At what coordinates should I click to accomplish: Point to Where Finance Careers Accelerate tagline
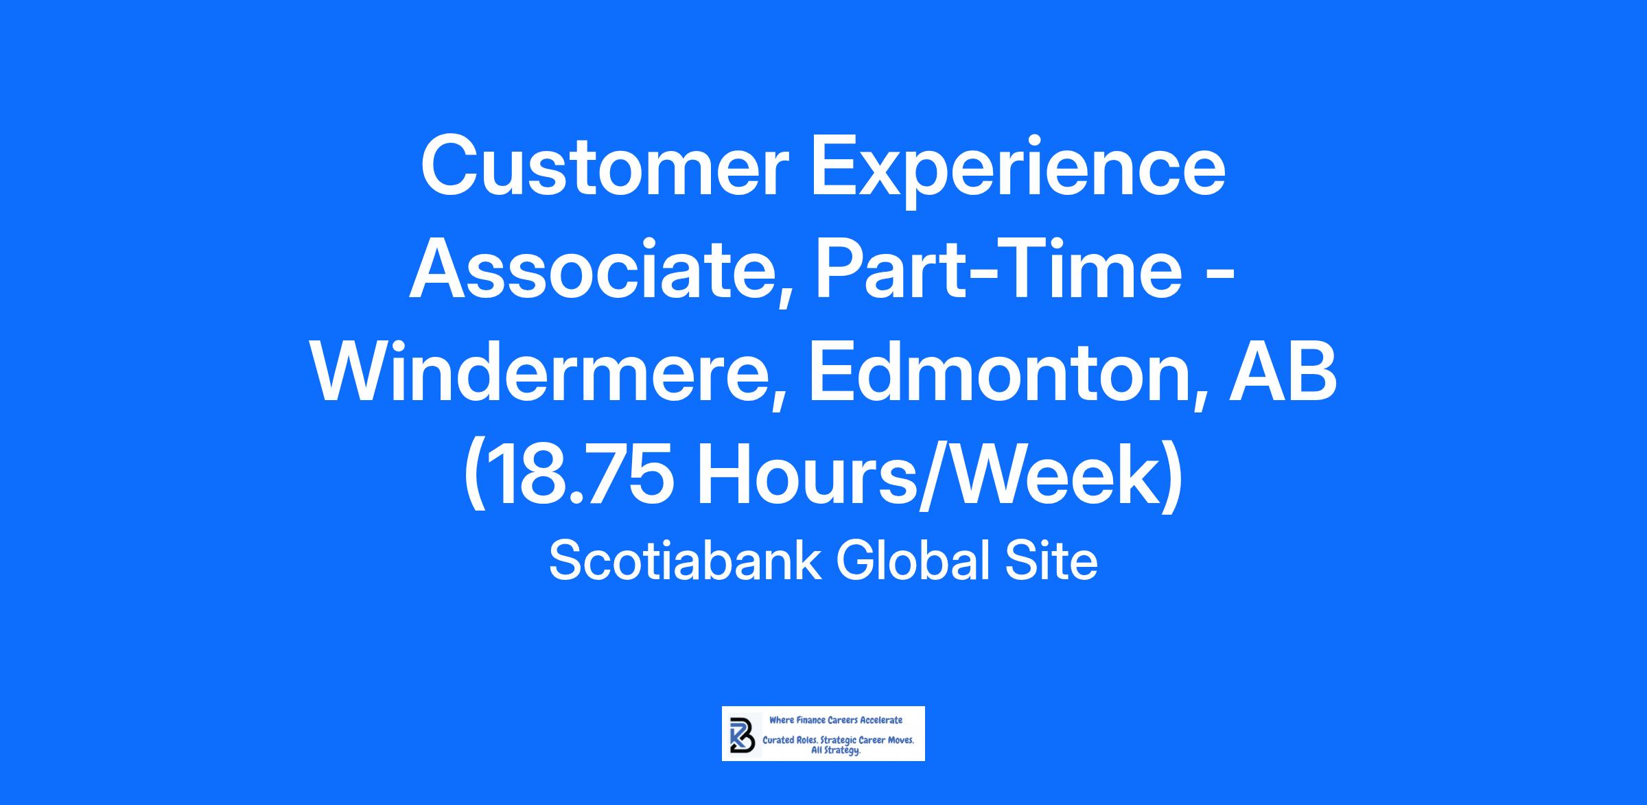[836, 720]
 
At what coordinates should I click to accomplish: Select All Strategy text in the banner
[836, 751]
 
